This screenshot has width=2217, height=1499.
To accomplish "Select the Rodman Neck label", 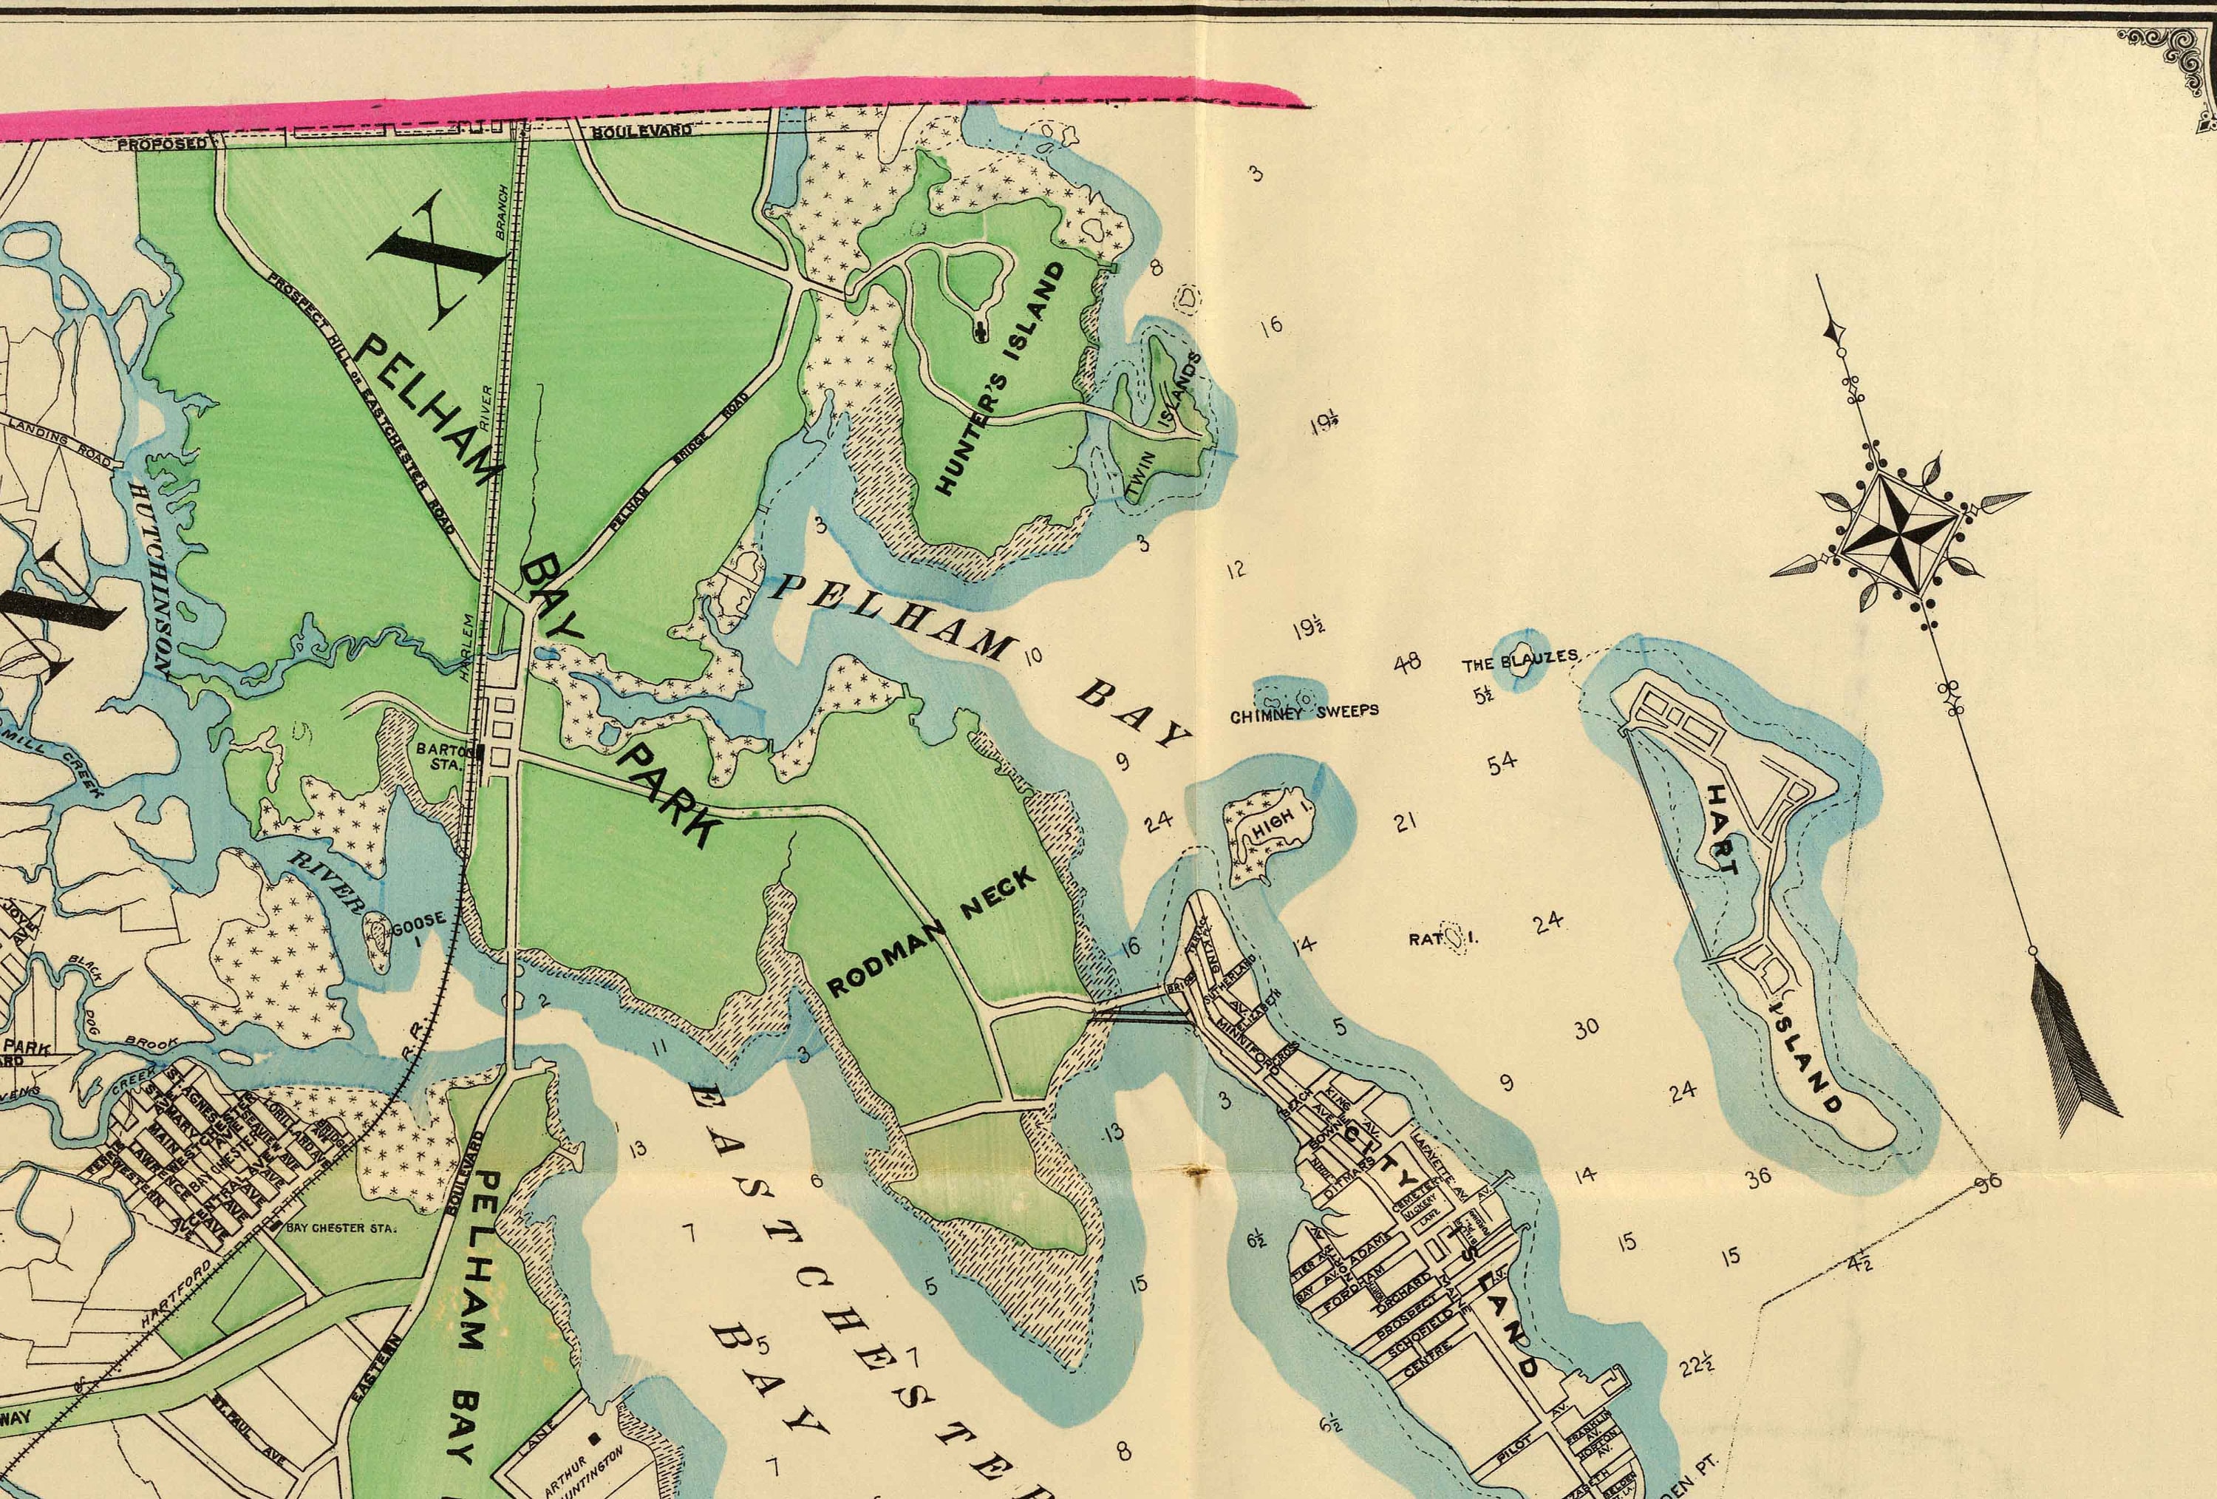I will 930,931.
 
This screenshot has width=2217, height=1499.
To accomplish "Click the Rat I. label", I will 1443,939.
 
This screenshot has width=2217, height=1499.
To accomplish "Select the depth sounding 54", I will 1502,762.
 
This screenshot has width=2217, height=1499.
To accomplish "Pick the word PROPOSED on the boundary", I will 161,144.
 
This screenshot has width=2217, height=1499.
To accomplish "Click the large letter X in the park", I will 435,258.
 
